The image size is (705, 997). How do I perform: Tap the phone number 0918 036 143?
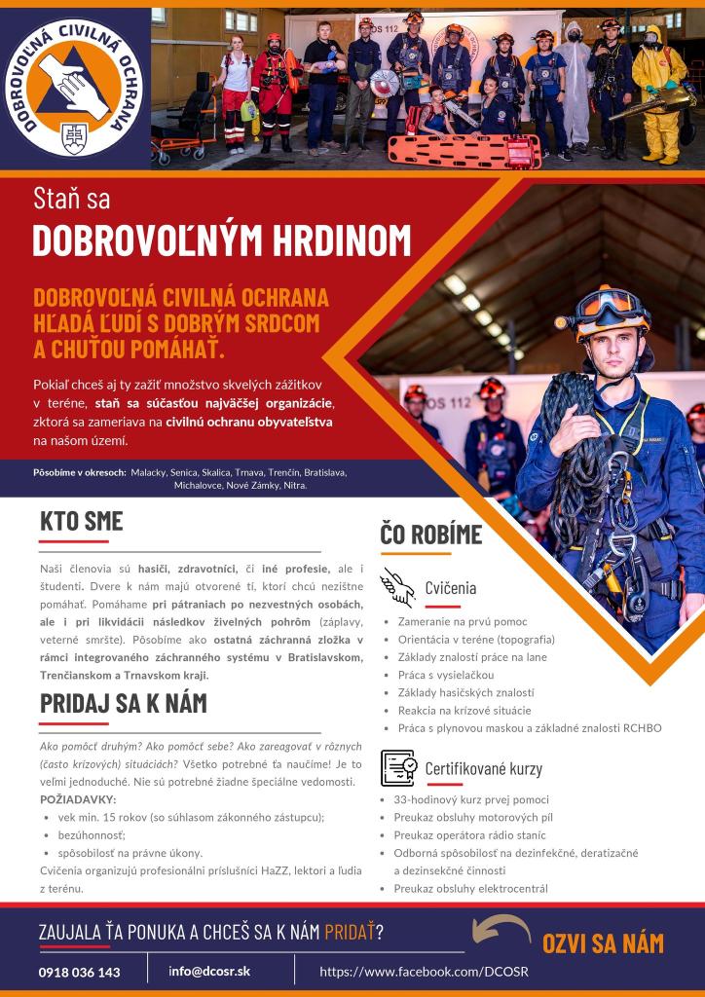pos(80,972)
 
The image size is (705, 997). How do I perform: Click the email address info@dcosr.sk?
pos(209,971)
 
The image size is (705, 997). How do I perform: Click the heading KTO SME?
pos(82,521)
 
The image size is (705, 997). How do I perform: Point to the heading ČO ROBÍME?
pos(431,534)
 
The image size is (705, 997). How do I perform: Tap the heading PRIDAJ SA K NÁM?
pos(124,702)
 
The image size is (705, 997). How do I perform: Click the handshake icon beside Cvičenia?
pos(397,586)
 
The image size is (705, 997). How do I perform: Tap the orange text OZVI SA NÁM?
pos(603,942)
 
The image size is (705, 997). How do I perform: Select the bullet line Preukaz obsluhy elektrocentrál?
pos(470,889)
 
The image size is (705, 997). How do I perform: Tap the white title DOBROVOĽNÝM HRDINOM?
pos(222,240)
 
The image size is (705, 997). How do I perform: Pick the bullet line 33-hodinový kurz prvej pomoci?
pos(471,799)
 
